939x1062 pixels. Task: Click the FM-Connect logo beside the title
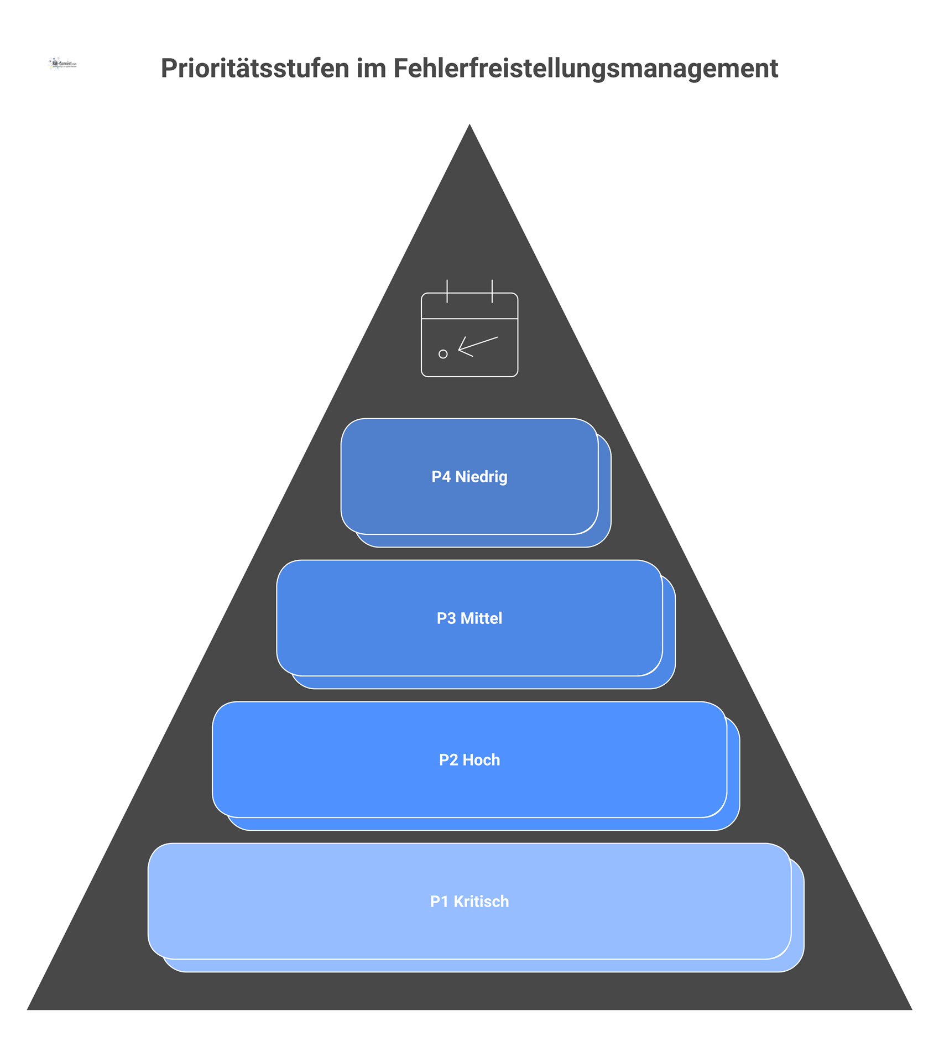(62, 64)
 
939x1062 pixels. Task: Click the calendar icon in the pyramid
(470, 334)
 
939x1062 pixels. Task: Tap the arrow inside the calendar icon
(477, 346)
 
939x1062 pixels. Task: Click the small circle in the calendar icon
(443, 354)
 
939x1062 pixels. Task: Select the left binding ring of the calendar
(447, 291)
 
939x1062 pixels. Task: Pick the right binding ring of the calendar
(492, 291)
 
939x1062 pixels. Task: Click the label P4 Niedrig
(470, 477)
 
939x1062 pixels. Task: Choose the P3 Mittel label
(470, 618)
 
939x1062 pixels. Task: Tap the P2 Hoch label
(470, 760)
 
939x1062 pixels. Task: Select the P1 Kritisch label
(470, 902)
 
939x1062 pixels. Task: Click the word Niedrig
(481, 477)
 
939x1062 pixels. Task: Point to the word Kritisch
(481, 902)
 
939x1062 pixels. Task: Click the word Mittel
(481, 618)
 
